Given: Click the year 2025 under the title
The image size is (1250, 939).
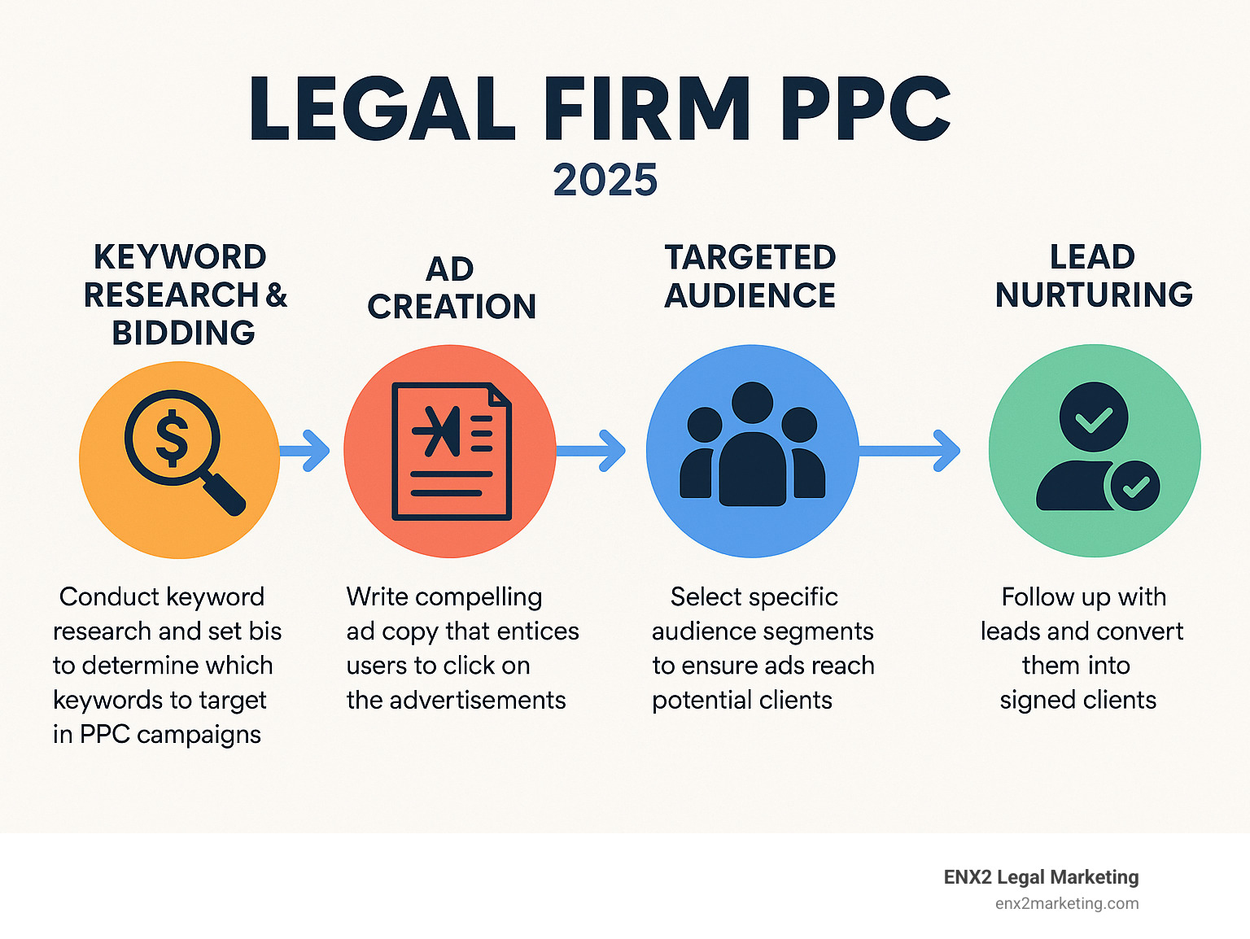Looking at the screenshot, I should (x=605, y=180).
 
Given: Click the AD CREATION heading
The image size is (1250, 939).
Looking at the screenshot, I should (x=451, y=288).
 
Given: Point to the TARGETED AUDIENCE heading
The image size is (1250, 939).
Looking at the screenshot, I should (x=750, y=276).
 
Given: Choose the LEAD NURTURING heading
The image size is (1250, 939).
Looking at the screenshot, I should (x=1093, y=276).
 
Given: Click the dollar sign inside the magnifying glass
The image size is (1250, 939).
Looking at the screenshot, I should (x=172, y=437).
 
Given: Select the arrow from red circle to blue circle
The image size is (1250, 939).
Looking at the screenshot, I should (x=592, y=450).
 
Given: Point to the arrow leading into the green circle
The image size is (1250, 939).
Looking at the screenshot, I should (x=911, y=450).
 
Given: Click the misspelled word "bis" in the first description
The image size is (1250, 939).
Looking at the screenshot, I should (x=265, y=631).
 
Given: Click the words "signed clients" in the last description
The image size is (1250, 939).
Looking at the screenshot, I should (x=1077, y=700).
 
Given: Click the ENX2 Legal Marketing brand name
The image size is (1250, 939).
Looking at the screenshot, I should (x=1041, y=877).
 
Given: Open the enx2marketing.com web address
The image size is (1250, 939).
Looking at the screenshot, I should (x=1066, y=903).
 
